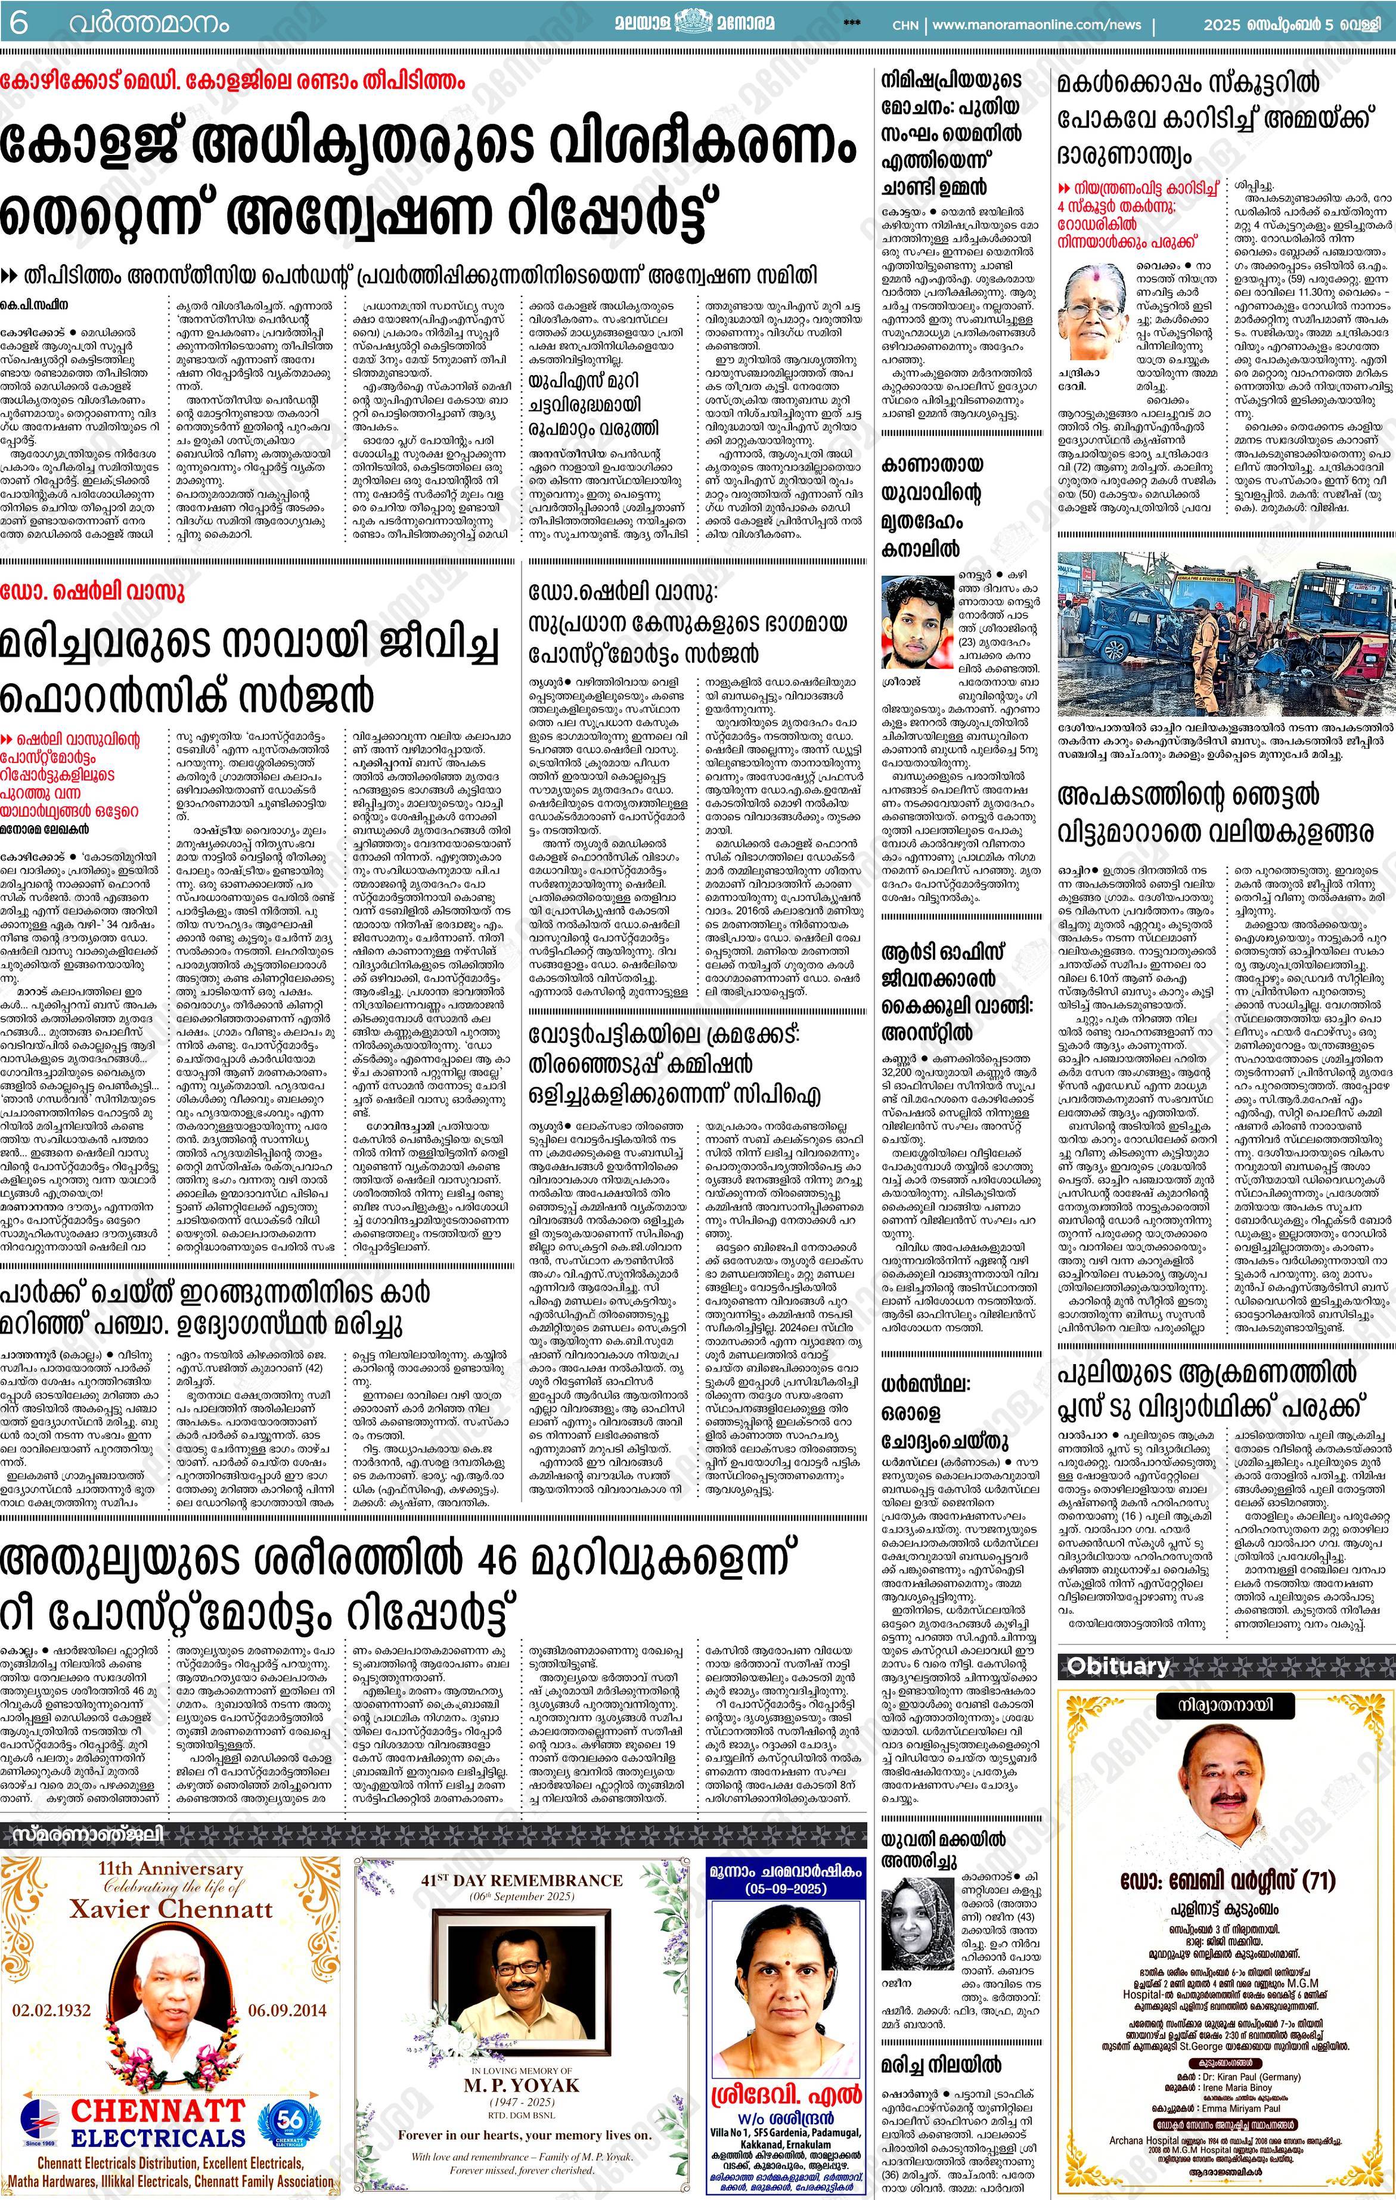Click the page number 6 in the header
(18, 23)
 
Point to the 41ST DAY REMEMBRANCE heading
(522, 1880)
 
